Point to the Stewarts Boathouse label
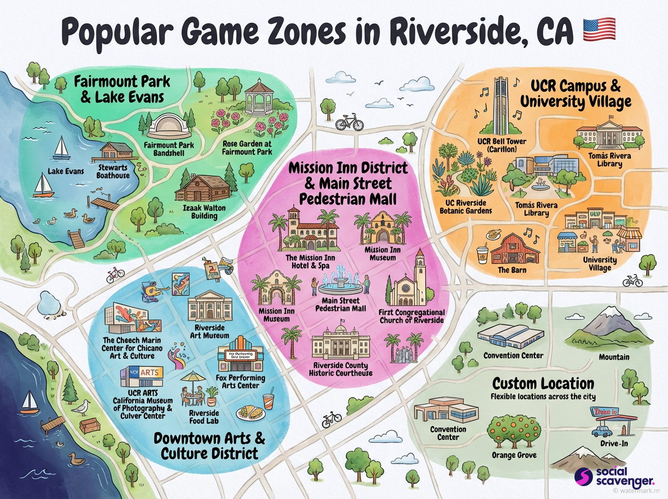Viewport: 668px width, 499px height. [114, 171]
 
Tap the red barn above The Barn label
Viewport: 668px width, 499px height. [515, 248]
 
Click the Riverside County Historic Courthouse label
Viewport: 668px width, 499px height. [340, 369]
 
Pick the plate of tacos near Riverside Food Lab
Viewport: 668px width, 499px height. [249, 413]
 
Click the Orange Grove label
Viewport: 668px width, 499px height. [514, 455]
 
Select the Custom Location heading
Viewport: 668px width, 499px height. [543, 384]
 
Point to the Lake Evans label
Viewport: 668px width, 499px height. [65, 171]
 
